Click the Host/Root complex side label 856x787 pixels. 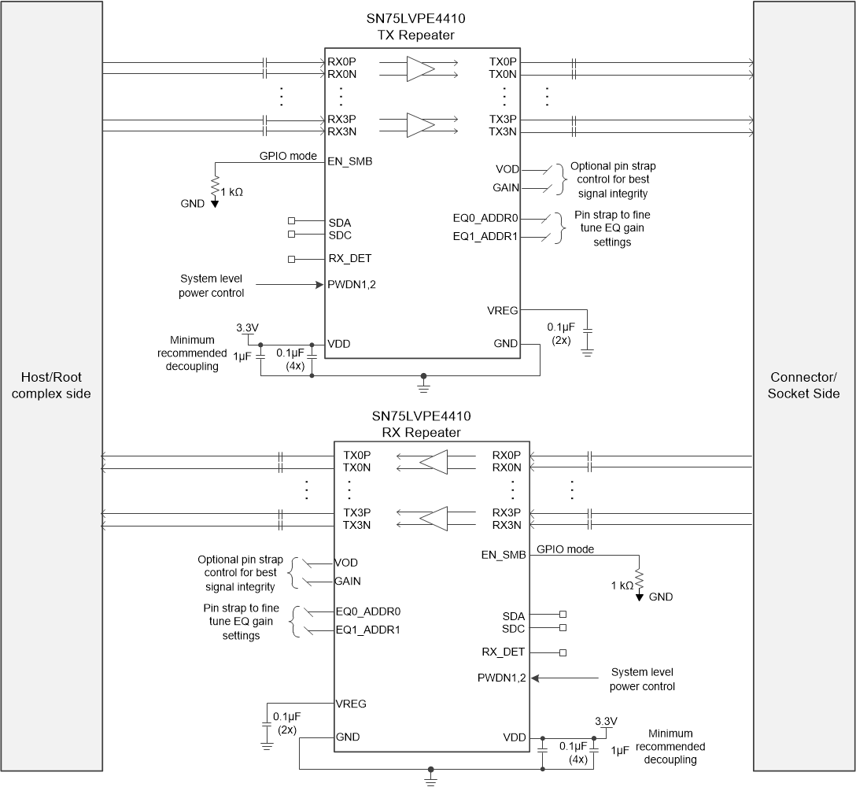(x=51, y=386)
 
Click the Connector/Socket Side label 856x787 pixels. (x=803, y=386)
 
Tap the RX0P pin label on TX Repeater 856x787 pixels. (x=342, y=62)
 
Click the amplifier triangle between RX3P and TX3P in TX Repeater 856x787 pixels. (x=420, y=125)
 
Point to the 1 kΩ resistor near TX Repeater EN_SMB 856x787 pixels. (x=214, y=187)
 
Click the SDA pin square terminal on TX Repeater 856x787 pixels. (x=292, y=222)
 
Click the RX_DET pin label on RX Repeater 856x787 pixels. (x=504, y=652)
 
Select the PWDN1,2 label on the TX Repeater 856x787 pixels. (x=352, y=284)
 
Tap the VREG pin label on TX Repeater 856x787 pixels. (x=502, y=310)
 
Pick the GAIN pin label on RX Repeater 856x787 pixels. (x=349, y=582)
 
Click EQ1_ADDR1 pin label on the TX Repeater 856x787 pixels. (x=485, y=236)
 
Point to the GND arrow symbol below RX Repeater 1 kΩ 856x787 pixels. (x=639, y=597)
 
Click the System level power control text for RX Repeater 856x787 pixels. (x=642, y=679)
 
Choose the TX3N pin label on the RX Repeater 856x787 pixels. (x=357, y=525)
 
